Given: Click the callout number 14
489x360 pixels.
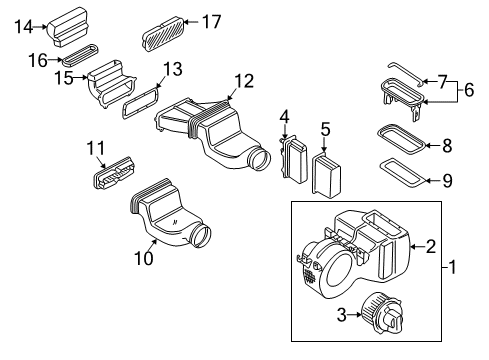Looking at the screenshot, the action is tap(24, 27).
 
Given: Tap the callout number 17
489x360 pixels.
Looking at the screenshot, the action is tap(212, 22).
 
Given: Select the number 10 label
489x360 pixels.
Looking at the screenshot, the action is tap(144, 258).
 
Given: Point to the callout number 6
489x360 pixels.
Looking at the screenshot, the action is tap(469, 90).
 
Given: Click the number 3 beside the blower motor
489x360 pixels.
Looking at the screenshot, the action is tap(342, 315).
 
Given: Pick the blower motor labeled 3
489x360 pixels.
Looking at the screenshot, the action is tap(382, 314).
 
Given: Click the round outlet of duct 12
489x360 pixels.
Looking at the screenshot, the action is tap(258, 158).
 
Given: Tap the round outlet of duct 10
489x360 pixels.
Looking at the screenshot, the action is tap(201, 235).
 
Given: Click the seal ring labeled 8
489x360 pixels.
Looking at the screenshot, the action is tap(402, 139).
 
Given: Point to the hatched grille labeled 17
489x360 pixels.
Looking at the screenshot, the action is tap(164, 34).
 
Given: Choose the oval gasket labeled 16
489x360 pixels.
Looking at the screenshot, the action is tap(80, 54).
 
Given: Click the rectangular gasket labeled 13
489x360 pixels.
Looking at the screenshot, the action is tap(140, 102).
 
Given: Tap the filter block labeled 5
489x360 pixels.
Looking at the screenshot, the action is tap(326, 175).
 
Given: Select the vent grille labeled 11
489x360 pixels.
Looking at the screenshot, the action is tap(114, 172).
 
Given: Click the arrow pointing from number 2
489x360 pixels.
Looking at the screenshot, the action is tap(418, 247).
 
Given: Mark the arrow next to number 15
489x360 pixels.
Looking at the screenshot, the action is tap(80, 78).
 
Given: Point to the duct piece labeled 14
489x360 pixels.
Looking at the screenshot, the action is tap(68, 26).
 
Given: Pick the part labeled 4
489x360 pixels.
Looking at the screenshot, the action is tap(293, 159).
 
